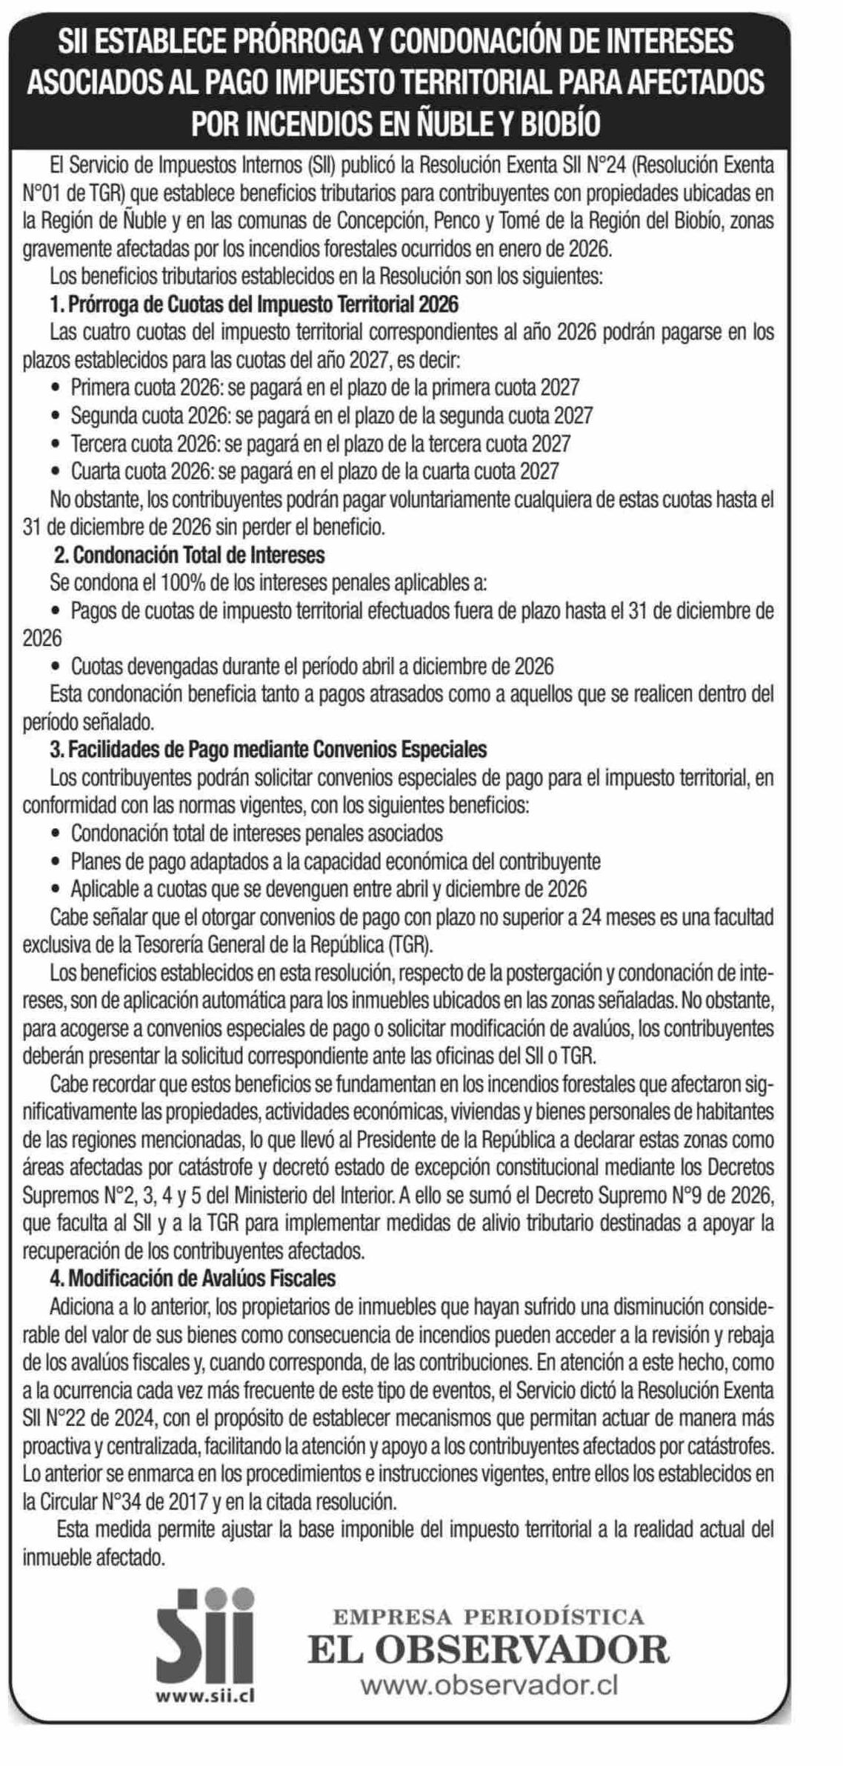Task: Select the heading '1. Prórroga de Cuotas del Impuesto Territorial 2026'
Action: coord(254,304)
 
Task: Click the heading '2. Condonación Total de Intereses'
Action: coord(190,554)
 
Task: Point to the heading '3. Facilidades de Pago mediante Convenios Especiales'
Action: coord(268,750)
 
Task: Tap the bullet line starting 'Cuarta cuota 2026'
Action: coord(314,470)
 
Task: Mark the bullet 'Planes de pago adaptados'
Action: coord(335,862)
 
